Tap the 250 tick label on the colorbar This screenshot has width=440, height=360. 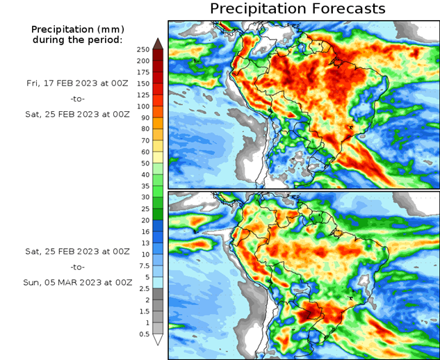[x=144, y=50]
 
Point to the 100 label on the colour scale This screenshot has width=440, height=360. [x=144, y=106]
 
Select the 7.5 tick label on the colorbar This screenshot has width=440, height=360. [x=144, y=265]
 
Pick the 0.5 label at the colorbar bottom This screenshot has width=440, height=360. [x=144, y=334]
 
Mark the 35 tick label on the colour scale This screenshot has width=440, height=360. [x=144, y=186]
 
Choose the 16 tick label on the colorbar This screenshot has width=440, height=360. [x=144, y=231]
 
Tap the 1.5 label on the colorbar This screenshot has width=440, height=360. [x=144, y=311]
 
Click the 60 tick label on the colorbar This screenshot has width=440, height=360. [x=144, y=152]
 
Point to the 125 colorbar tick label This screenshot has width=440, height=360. [x=144, y=95]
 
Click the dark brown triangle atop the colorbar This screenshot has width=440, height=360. [x=158, y=43]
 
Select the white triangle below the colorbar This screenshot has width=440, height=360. [x=158, y=340]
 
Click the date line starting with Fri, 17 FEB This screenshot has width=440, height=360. [x=76, y=83]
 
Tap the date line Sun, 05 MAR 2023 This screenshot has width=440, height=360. [x=76, y=283]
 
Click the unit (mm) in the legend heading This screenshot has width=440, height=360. [x=109, y=29]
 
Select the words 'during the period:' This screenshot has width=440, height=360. [x=76, y=40]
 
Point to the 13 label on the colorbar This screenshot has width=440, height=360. [x=144, y=243]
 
